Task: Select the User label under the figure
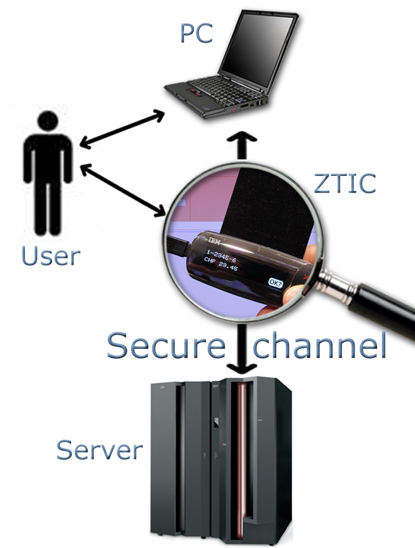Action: [x=50, y=256]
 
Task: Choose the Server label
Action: [x=100, y=450]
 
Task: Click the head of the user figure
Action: [x=48, y=121]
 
